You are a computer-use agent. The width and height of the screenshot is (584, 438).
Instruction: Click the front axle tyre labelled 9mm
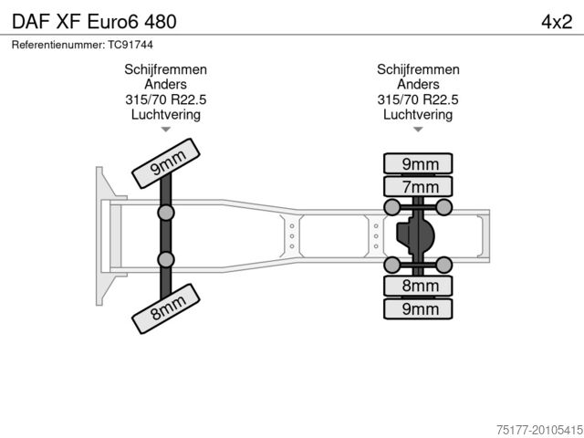[166, 163]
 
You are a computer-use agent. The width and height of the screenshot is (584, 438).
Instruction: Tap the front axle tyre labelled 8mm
[166, 308]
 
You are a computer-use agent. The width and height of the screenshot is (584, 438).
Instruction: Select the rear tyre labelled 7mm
[418, 186]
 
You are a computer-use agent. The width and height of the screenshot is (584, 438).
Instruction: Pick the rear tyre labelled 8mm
[418, 286]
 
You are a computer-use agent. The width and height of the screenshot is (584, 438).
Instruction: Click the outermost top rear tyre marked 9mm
[418, 163]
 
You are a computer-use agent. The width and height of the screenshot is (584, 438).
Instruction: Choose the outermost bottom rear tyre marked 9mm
[418, 309]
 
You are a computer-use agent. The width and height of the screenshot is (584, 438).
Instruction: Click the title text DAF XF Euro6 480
[94, 22]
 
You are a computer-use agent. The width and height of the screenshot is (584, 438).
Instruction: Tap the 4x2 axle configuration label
[557, 22]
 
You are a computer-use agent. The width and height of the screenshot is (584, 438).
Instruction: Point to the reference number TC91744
[130, 45]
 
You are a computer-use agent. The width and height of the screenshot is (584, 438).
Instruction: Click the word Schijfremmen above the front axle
[166, 69]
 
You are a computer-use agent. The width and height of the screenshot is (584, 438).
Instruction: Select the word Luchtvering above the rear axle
[418, 114]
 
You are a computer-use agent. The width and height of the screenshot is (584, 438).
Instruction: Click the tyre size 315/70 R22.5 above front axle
[166, 99]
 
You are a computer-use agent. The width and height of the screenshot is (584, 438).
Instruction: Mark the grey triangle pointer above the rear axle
[418, 130]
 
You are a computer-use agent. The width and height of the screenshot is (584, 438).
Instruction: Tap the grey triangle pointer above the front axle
[166, 130]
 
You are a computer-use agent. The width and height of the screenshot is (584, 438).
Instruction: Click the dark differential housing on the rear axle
[415, 235]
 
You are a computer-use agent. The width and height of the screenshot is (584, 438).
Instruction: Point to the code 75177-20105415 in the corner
[539, 430]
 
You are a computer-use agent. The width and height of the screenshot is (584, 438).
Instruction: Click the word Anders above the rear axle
[418, 85]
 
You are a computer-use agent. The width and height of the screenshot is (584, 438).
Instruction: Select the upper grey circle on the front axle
[166, 213]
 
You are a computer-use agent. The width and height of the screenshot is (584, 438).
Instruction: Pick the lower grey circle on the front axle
[166, 259]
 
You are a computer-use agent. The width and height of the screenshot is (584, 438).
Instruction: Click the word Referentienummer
[58, 45]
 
